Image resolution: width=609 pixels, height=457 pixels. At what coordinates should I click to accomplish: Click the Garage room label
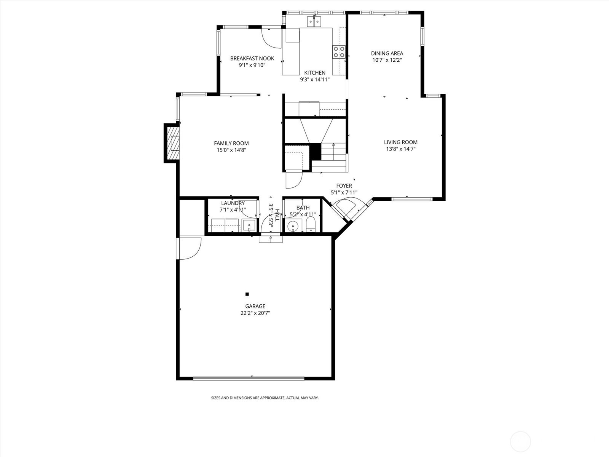point(255,306)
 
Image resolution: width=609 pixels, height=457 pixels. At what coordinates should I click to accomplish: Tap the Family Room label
point(231,143)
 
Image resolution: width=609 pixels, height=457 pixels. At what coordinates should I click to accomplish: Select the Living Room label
point(401,142)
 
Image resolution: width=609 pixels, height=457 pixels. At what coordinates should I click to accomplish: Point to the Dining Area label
point(387,53)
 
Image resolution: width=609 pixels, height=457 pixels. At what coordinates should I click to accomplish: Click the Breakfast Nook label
point(252,58)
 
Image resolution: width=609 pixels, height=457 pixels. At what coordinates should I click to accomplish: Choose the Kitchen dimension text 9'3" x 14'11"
point(315,80)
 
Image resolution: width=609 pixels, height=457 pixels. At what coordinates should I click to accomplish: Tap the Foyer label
point(344,185)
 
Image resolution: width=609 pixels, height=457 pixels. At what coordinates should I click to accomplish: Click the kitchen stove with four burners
point(339,52)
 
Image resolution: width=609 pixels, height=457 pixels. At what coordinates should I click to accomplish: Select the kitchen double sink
point(314,21)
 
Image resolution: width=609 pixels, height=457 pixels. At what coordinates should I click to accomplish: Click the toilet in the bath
point(311,224)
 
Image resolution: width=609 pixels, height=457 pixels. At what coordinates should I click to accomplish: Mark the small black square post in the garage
point(247,294)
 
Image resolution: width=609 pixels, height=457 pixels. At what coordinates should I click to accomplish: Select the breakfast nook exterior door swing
point(272,37)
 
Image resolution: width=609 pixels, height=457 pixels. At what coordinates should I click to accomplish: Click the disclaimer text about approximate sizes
point(265,398)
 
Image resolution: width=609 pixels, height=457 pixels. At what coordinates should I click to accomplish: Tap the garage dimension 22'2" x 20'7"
point(255,313)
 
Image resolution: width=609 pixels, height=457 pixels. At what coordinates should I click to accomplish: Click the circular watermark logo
point(520,442)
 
